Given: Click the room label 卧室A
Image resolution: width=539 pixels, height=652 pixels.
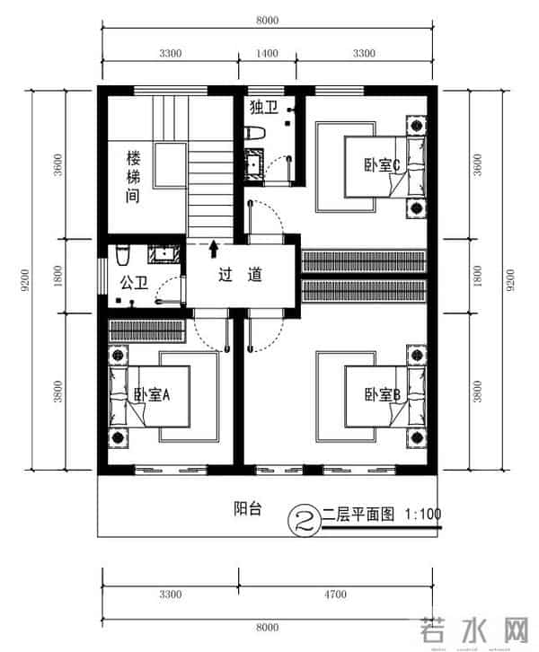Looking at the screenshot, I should (153, 394).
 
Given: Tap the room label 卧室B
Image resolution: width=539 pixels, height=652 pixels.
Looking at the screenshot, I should (381, 394).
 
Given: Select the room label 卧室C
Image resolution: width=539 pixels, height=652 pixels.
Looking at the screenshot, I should (381, 164).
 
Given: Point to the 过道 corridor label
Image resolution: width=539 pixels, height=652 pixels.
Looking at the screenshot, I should (240, 275).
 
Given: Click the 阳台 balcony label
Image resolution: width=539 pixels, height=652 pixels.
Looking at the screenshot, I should (248, 509).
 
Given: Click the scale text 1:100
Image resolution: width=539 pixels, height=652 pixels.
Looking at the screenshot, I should (423, 515).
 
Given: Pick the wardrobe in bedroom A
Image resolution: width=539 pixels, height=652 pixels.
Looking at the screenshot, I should (147, 330).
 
